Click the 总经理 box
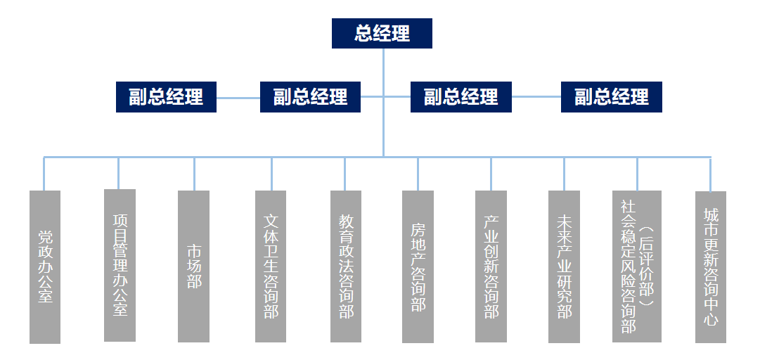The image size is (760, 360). pos(382,33)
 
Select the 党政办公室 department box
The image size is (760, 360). pos(45,266)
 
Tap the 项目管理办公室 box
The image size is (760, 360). pos(120,265)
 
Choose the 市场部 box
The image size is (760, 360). pos(193,266)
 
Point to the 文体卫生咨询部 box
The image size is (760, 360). pos(271,266)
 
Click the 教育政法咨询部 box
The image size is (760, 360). pos(346,266)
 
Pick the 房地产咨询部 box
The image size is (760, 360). pos(418,266)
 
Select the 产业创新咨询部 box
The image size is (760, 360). pos(491,266)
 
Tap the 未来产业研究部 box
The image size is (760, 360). pos(564,266)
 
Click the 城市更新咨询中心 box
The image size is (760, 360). pos(711,266)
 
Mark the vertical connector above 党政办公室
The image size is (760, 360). pos(44,173)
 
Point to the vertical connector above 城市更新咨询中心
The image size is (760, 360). pos(710,173)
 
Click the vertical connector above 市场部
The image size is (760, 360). pos(194,173)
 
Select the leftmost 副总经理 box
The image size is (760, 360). pos(166,97)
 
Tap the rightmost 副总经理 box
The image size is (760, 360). pos(611,97)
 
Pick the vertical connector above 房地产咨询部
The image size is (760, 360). pos(418,173)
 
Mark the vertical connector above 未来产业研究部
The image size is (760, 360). pos(564,173)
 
